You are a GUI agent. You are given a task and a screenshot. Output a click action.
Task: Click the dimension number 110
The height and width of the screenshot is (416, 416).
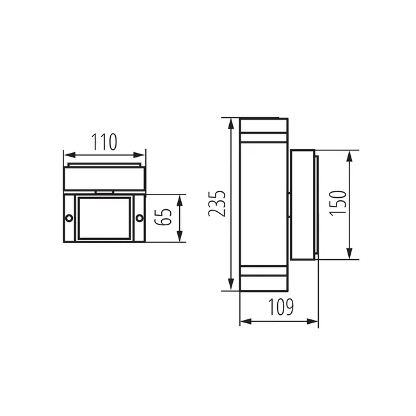104,141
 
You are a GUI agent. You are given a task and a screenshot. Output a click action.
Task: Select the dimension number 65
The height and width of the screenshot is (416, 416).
165,218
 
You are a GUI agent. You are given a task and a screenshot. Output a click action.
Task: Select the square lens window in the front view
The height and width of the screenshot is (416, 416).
104,218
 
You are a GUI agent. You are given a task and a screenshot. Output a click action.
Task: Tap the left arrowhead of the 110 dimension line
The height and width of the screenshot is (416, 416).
67,155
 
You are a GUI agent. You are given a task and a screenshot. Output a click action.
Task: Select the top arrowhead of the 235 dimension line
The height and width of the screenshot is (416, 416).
230,122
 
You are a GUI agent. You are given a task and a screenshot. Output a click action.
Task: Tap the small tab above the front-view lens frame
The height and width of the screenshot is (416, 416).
104,191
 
